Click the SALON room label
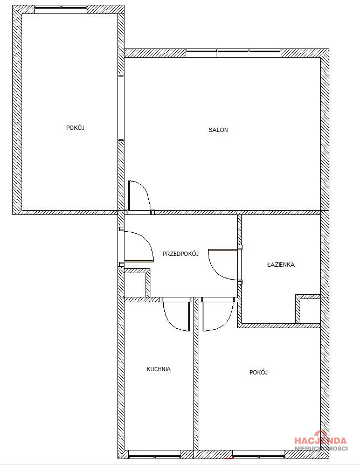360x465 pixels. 218,130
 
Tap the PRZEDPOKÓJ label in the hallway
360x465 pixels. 181,254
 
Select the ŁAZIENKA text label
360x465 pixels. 281,264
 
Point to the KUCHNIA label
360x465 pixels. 158,369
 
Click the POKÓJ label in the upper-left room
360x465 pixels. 75,128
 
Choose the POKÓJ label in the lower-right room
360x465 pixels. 259,372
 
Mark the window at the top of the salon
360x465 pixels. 233,53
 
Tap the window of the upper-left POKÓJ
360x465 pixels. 61,9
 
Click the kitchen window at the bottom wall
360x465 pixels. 155,454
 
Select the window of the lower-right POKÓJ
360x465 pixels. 259,454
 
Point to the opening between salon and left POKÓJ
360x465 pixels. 121,108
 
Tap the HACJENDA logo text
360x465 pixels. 320,440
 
